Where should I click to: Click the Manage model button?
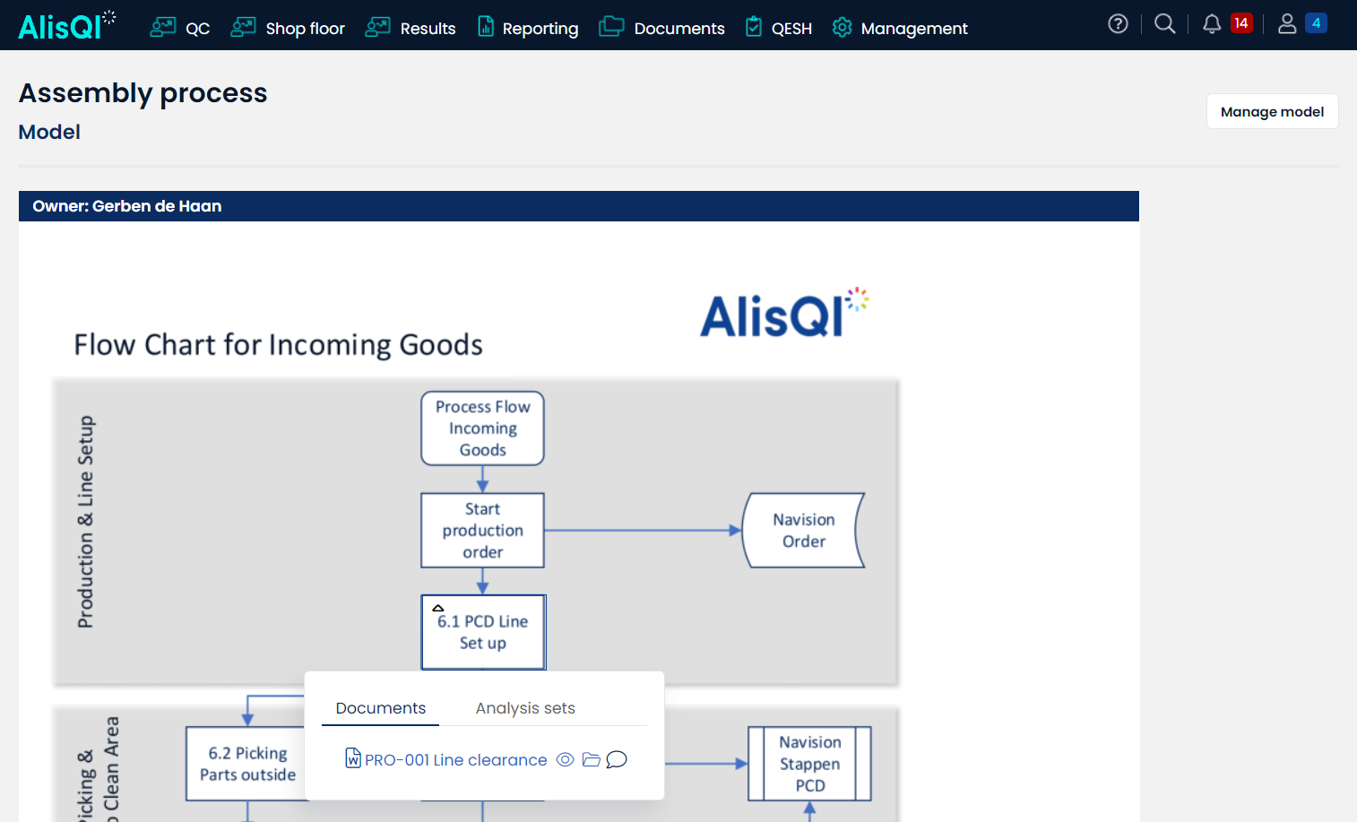point(1272,112)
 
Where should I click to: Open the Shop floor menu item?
point(288,29)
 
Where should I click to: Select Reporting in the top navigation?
point(528,29)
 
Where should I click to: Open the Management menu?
point(900,29)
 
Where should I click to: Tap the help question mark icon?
point(1118,24)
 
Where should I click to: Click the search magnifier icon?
point(1164,24)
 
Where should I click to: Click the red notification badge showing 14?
point(1240,23)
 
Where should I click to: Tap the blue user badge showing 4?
point(1316,23)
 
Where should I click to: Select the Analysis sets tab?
point(525,708)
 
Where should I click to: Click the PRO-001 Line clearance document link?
point(455,760)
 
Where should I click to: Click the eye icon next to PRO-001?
point(565,760)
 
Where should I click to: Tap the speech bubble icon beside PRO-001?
point(617,760)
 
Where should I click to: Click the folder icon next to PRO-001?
point(591,760)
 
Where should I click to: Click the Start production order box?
point(482,531)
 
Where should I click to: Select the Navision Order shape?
point(803,531)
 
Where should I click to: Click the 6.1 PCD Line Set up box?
point(483,633)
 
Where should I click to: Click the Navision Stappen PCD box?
point(809,764)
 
